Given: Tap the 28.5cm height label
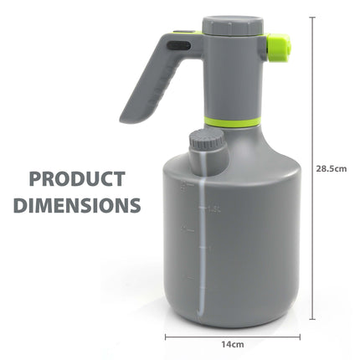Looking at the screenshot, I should [x=332, y=167].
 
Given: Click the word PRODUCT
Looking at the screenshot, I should [x=76, y=178].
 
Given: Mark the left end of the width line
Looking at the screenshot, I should [x=165, y=335].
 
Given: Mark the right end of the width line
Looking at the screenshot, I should [x=300, y=335].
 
